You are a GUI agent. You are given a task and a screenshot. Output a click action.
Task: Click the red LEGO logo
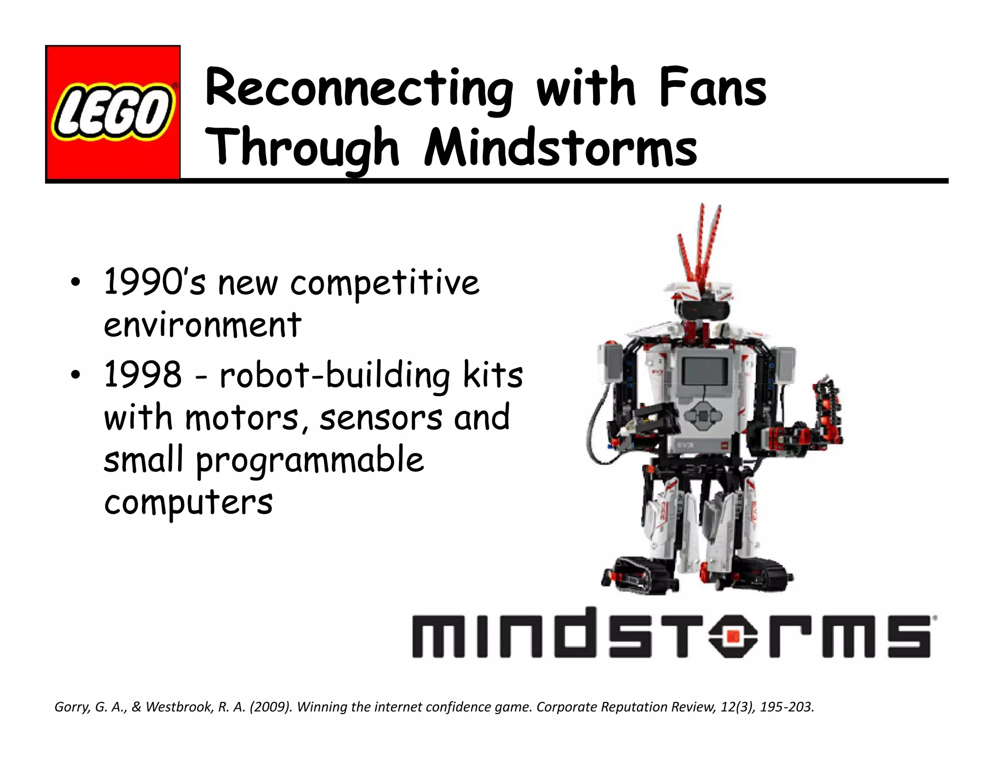point(113,113)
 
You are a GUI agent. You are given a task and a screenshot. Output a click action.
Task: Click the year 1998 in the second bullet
point(143,374)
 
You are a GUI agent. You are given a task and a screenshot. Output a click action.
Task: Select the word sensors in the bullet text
point(381,417)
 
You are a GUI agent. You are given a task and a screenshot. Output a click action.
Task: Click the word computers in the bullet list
point(188,503)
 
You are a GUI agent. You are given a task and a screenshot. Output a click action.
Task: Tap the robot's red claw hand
point(825,413)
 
